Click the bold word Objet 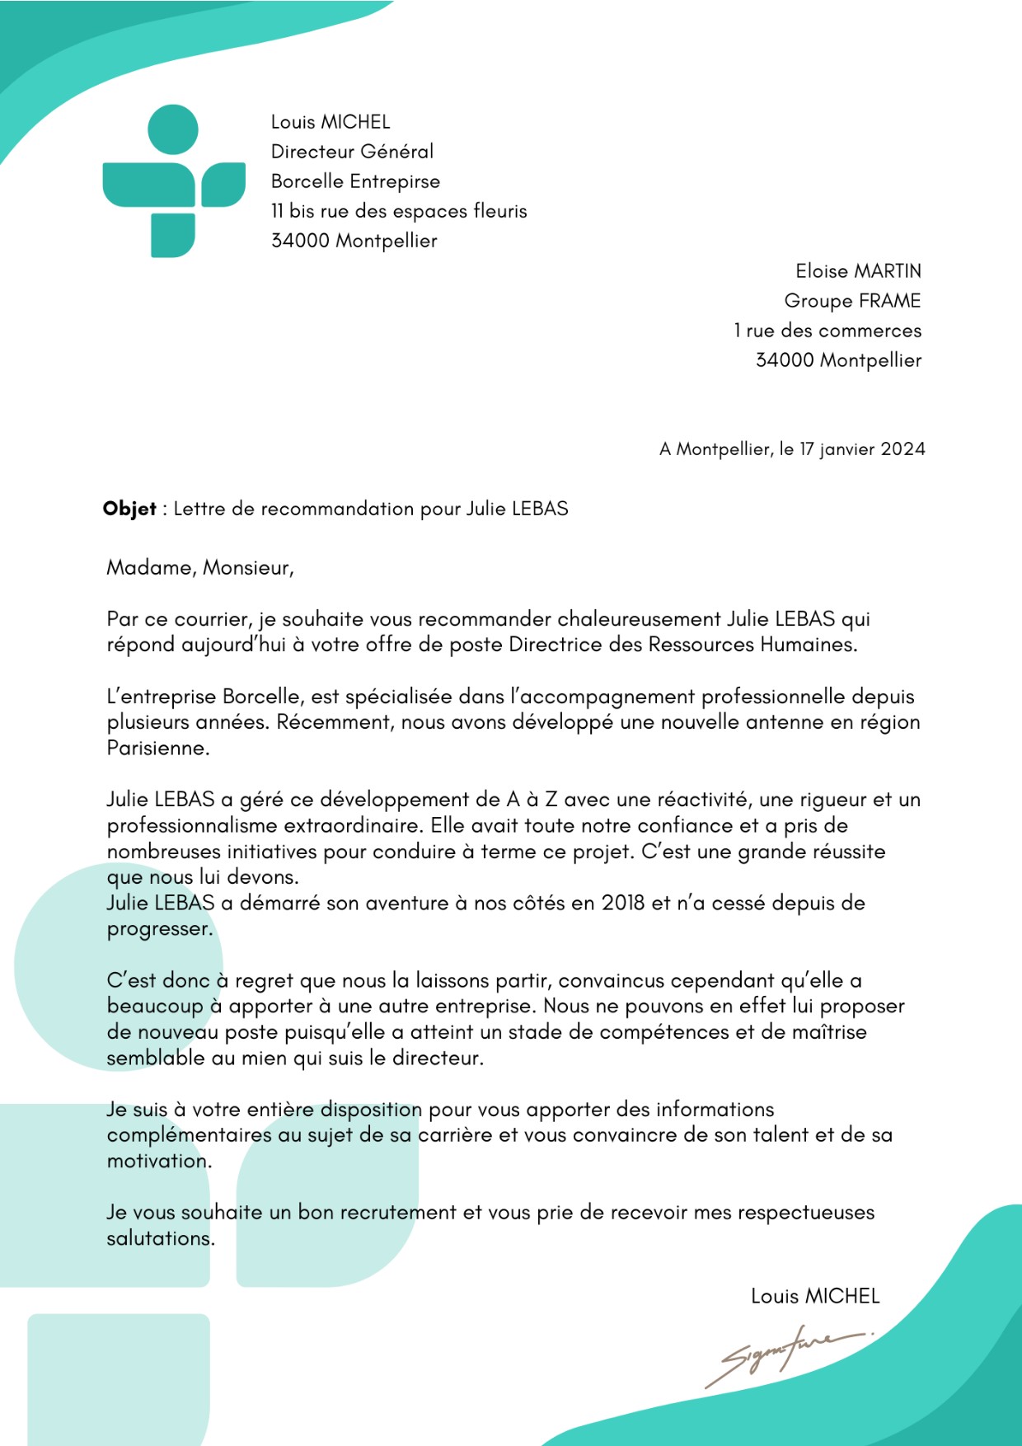tap(129, 509)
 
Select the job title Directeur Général tap(352, 152)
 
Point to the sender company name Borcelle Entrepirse tap(355, 181)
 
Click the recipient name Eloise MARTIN tap(858, 271)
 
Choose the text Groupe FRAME tap(852, 301)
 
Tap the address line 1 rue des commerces tap(827, 331)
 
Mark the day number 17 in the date tap(806, 449)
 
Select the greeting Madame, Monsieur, tap(200, 568)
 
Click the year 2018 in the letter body tap(623, 903)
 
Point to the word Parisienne tap(157, 749)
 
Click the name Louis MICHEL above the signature tap(815, 1296)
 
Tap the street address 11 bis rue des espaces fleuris tap(399, 211)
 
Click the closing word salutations tap(160, 1238)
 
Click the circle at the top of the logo tap(173, 129)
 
